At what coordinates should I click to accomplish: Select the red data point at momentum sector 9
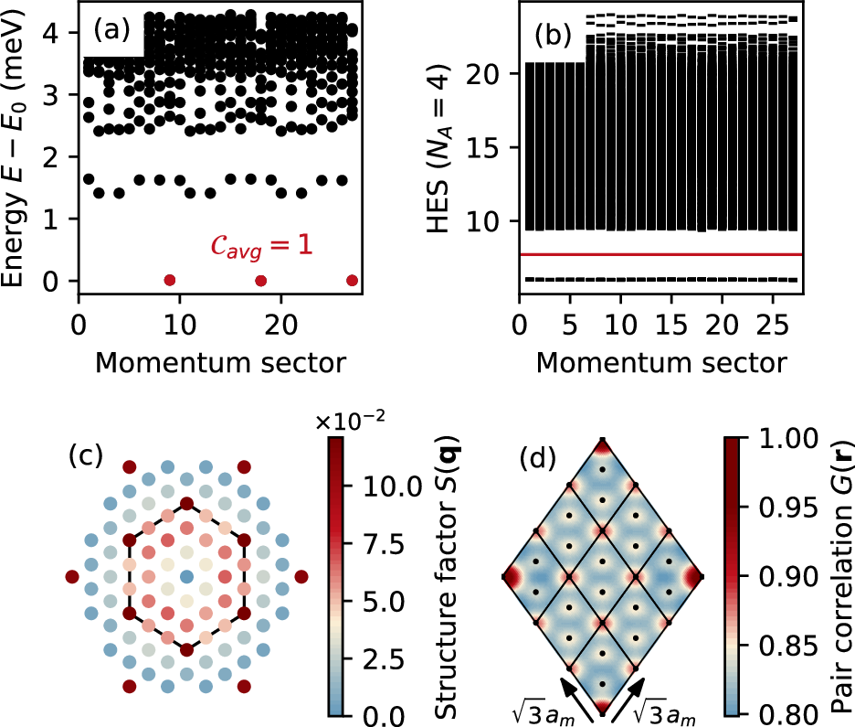169,281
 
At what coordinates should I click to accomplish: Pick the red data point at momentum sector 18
261,281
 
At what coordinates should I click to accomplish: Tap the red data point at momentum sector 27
353,281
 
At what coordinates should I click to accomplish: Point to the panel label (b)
553,36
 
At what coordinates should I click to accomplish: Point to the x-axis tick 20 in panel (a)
281,325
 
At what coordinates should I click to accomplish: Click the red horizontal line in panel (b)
658,254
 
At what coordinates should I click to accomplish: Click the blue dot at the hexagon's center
186,577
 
